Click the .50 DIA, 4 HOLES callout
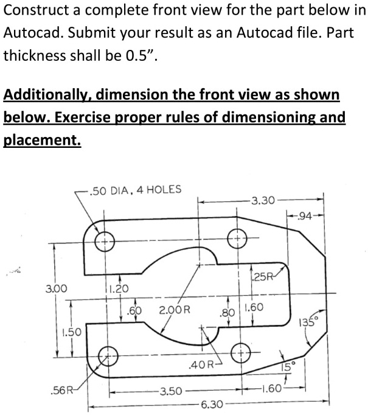134,189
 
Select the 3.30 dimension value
263,199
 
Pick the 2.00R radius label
175,310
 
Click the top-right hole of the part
237,237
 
